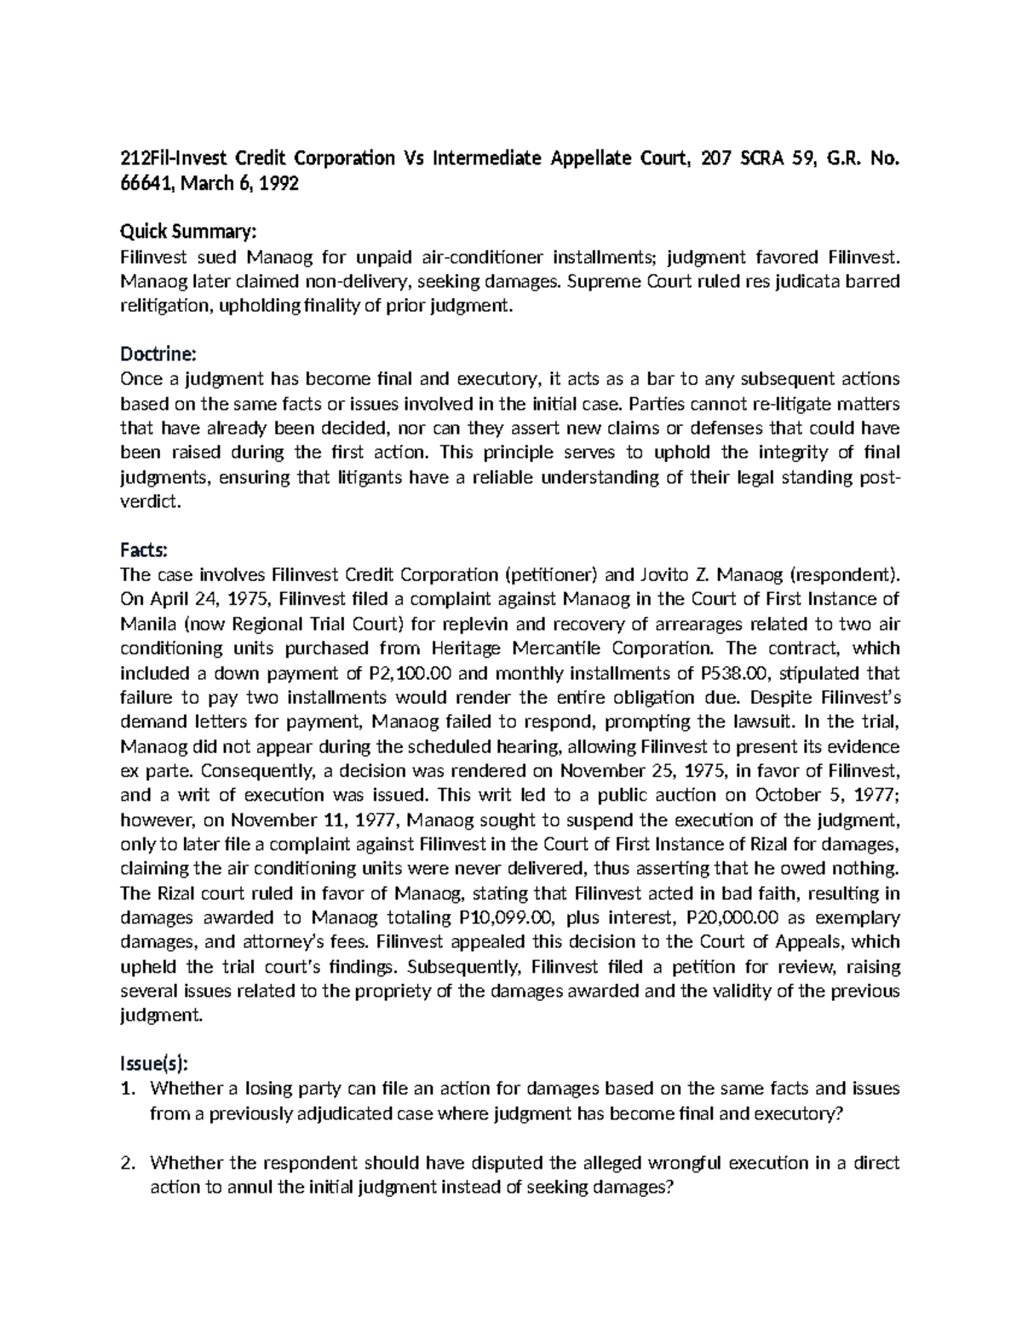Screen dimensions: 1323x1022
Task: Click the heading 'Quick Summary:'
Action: click(187, 233)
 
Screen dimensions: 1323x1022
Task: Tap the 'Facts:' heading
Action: click(146, 549)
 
